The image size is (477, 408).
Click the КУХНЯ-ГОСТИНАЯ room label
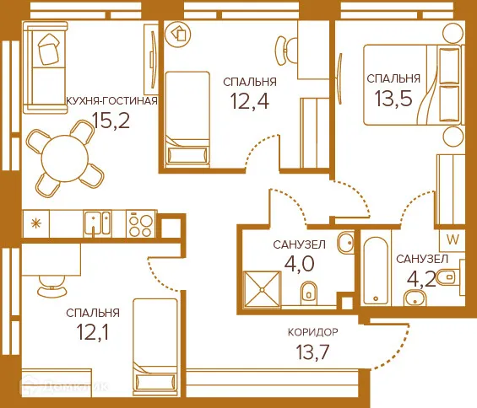tap(111, 101)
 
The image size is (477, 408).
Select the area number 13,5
tap(394, 101)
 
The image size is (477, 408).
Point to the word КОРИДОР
tap(312, 332)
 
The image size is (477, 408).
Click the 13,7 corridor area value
tap(312, 353)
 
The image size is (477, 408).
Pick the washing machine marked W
tap(452, 239)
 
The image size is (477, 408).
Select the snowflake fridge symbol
tap(35, 223)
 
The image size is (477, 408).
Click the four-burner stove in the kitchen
tap(140, 223)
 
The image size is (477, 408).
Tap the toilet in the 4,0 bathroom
tap(308, 293)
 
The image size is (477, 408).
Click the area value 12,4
tap(250, 103)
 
